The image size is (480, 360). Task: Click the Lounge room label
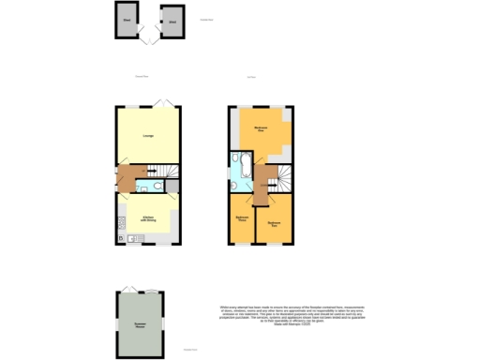(148, 136)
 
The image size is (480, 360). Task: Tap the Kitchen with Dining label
(148, 218)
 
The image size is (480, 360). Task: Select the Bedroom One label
(262, 127)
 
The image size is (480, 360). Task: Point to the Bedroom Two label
(274, 222)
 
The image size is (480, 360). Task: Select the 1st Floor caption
(250, 77)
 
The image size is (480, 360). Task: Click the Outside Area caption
(206, 19)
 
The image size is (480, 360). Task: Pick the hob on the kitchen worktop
(122, 223)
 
